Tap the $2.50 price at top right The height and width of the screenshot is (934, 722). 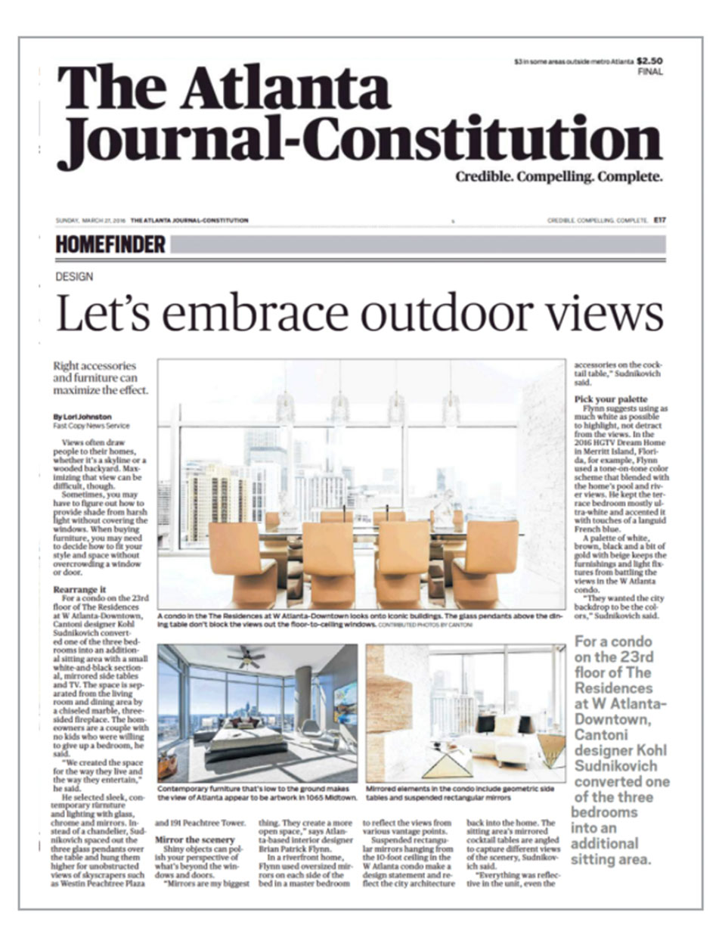649,61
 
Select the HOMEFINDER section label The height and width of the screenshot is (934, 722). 110,244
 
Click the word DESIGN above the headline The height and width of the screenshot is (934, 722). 75,277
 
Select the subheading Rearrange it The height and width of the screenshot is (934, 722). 80,588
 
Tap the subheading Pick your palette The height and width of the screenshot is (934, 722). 610,399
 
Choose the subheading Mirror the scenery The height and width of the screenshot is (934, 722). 194,839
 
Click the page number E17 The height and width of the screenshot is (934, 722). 660,221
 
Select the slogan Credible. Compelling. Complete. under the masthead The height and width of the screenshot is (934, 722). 559,178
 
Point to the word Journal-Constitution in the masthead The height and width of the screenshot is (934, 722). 359,140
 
